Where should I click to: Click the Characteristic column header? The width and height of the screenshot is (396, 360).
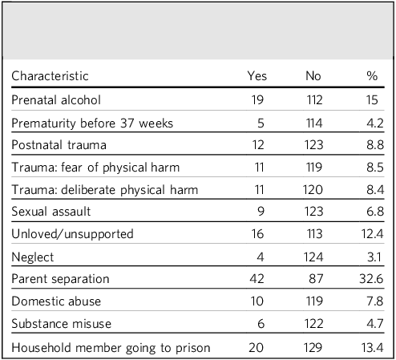click(x=50, y=76)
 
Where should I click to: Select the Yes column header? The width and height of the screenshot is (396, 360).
click(x=257, y=76)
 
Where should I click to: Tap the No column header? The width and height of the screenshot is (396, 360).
click(x=313, y=76)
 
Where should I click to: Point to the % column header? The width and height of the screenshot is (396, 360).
click(x=372, y=76)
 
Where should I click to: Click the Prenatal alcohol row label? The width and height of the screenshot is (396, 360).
click(x=56, y=100)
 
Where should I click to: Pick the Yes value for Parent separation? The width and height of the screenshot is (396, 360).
click(x=257, y=279)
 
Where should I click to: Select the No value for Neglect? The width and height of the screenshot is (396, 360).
click(x=313, y=257)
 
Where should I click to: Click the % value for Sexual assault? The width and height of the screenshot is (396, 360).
click(x=375, y=212)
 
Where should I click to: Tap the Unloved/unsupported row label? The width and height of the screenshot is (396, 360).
click(x=72, y=234)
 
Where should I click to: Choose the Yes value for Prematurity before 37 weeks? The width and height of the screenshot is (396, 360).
click(x=261, y=123)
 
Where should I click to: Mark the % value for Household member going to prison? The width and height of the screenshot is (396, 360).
click(x=373, y=348)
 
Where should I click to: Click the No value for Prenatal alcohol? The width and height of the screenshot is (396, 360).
click(x=314, y=100)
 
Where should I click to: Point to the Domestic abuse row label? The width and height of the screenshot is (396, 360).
click(x=56, y=301)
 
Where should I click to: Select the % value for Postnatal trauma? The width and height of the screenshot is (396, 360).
click(x=375, y=145)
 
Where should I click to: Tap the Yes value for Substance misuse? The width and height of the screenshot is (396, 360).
click(x=261, y=324)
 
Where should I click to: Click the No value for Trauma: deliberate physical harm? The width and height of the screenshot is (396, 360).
click(x=313, y=190)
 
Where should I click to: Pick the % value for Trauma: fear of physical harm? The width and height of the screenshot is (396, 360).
click(x=375, y=168)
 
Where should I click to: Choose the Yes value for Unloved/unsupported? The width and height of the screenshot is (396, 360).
click(x=257, y=234)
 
